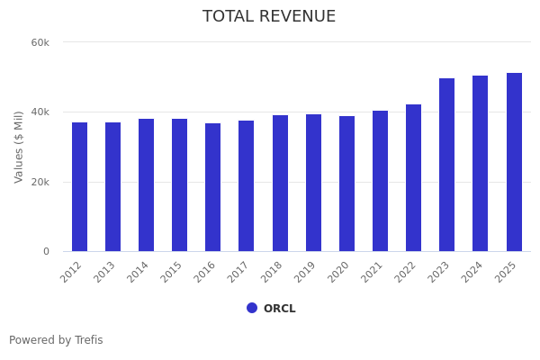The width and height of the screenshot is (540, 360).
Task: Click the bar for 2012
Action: [x=79, y=187]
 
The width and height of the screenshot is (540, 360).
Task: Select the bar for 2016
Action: [x=213, y=187]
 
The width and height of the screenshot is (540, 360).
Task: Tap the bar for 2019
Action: [x=313, y=183]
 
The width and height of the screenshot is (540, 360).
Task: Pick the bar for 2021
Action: [x=380, y=181]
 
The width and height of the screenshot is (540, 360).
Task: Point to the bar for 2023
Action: [x=447, y=165]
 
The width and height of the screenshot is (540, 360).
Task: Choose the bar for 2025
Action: [x=514, y=162]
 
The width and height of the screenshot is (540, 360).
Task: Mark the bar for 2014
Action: [x=147, y=185]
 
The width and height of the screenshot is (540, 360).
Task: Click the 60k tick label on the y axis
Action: [x=40, y=42]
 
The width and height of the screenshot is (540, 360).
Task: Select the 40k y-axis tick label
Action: [x=40, y=112]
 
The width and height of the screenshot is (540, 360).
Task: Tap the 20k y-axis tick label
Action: [x=40, y=182]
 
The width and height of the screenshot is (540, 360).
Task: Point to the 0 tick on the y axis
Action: [x=46, y=252]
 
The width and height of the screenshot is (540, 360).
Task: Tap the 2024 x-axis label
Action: [x=474, y=272]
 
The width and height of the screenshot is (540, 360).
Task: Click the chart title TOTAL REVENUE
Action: [x=269, y=17]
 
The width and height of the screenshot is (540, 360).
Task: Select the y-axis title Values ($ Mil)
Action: [x=19, y=147]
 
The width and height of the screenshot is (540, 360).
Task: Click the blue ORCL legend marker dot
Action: [x=252, y=308]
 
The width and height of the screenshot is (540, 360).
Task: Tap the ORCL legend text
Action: [x=279, y=309]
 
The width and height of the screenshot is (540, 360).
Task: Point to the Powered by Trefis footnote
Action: [x=56, y=340]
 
